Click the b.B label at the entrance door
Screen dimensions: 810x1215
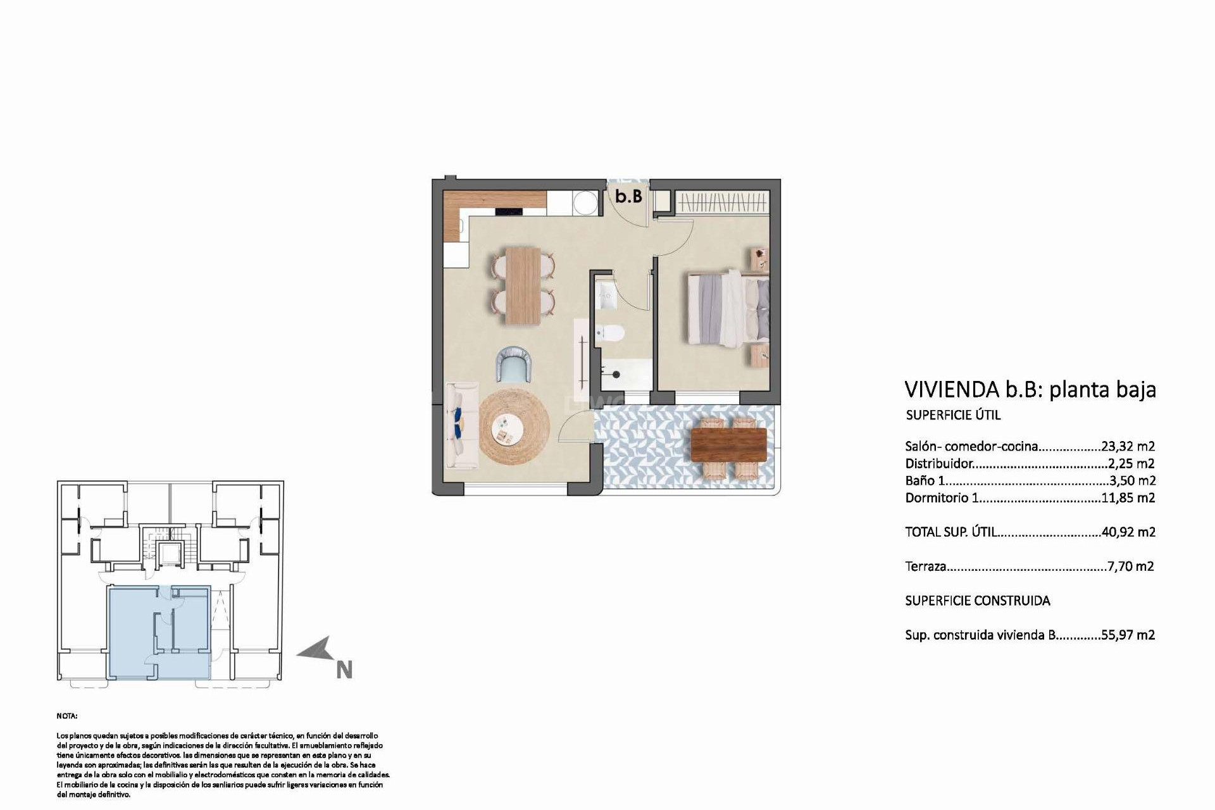628,197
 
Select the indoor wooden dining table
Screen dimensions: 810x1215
523,285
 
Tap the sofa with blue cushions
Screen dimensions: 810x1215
460,425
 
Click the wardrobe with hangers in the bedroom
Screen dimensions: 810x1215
722,204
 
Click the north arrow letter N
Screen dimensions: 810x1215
344,670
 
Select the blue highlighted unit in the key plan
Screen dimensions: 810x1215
158,633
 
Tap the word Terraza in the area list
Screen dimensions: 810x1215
925,566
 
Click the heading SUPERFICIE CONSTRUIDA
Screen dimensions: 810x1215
977,601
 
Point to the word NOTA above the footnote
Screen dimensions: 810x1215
66,716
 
